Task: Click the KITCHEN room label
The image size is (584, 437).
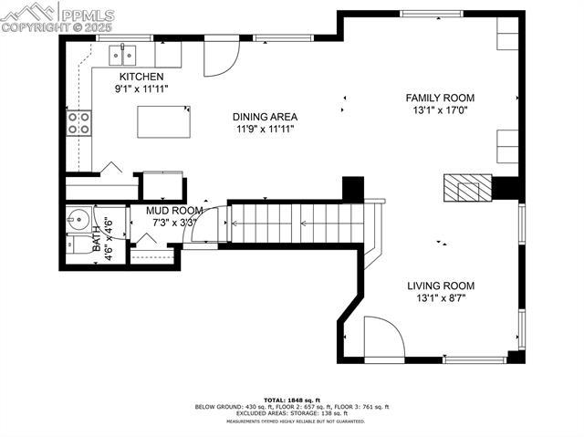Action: pos(141,77)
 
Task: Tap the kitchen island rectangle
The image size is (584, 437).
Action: pos(165,121)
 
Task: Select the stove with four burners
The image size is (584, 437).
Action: pos(79,122)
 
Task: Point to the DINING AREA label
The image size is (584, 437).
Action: pos(265,117)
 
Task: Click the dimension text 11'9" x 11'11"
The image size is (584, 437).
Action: pos(265,130)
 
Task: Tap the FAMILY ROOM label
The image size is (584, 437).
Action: pos(440,98)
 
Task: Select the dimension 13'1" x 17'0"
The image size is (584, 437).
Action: pos(440,110)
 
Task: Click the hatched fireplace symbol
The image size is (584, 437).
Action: pos(466,188)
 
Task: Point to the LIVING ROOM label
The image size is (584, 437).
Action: pos(440,286)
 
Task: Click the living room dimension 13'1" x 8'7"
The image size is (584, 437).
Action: pos(440,298)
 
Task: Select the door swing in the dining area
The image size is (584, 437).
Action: pos(219,57)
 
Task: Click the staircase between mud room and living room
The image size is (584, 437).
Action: pos(297,222)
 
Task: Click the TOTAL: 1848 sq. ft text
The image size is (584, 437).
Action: pos(292,400)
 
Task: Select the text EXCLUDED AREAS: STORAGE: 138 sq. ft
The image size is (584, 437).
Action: pos(292,414)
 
